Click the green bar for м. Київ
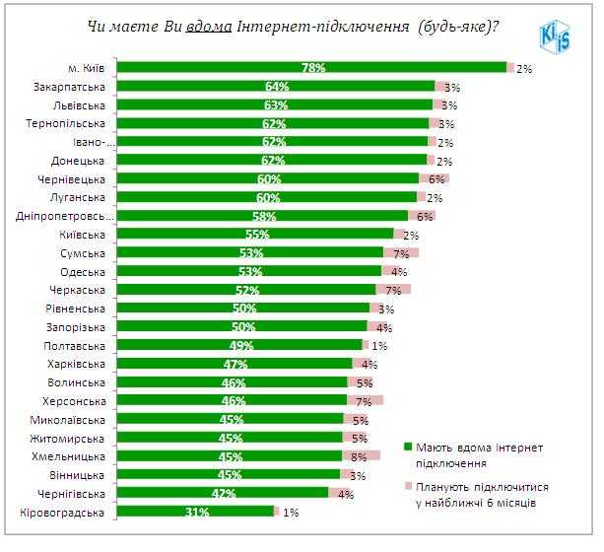coord(311,68)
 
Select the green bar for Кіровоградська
coord(195,512)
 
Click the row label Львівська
coord(80,104)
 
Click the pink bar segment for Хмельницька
coord(361,455)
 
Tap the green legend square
coord(408,447)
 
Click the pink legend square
coord(408,486)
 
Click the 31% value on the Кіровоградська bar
coord(195,512)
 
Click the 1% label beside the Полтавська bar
coord(379,346)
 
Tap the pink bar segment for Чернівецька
coord(434,178)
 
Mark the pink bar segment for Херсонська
coord(365,400)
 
